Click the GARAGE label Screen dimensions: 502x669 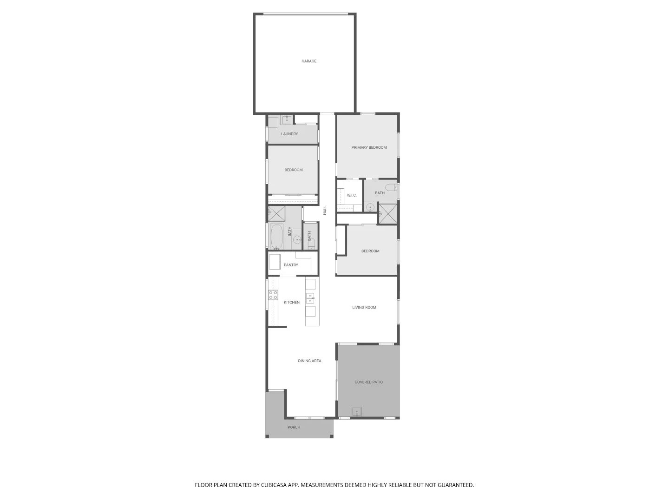309,61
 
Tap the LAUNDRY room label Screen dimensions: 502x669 289,134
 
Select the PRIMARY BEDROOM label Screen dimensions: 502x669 369,148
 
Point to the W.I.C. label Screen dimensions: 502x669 352,195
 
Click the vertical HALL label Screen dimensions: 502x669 325,210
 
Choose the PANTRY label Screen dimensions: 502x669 291,265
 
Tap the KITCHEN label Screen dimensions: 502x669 292,303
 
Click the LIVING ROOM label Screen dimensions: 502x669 364,308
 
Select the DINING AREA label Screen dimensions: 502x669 309,361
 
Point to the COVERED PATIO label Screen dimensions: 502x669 369,383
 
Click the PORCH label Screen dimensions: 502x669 294,428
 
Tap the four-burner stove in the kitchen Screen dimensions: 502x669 273,295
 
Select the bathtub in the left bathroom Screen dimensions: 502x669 276,237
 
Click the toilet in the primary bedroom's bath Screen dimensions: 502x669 393,188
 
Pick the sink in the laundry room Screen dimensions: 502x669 287,120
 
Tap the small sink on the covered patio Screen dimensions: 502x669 357,411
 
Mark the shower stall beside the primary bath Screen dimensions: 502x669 388,214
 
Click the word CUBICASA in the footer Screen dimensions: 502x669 270,485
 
